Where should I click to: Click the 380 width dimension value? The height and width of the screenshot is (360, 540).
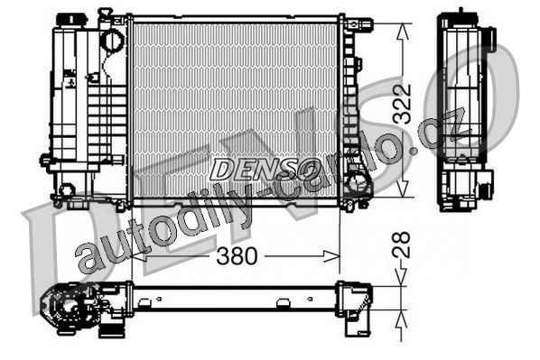(237, 256)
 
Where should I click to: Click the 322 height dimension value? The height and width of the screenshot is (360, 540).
(402, 105)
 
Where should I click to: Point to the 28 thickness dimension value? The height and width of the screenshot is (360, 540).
(402, 245)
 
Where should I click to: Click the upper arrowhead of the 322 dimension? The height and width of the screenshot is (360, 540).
(403, 31)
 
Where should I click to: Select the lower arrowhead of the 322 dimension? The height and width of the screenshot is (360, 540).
(403, 189)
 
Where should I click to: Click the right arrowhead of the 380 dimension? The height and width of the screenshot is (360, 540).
(331, 256)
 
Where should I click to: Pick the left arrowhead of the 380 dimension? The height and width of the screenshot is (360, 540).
(140, 256)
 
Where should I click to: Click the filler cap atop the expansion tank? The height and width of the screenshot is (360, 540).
(71, 19)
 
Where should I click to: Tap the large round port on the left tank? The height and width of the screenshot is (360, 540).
(112, 40)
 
